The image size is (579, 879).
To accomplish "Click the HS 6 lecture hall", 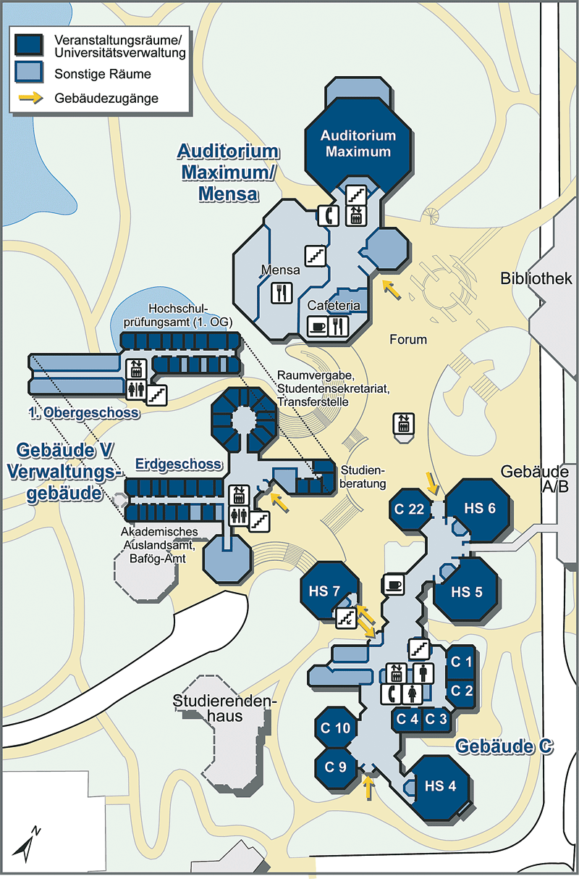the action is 478,509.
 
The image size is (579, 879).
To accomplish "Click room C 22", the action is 409,509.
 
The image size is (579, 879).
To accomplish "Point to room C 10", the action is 335,728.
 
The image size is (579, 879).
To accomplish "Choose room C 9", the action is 335,767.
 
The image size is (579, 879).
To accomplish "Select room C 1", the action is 461,662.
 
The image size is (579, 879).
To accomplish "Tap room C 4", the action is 407,720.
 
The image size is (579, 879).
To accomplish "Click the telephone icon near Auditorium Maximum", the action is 328,215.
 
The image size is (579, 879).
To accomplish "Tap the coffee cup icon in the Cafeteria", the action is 318,327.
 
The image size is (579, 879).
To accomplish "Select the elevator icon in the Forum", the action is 404,423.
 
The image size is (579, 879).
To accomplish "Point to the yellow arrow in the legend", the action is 31,98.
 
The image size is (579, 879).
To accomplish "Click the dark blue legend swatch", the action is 29,44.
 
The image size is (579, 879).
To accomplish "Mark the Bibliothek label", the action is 536,278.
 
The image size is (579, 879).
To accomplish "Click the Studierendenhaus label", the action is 225,708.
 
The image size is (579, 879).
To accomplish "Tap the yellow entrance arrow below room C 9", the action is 368,788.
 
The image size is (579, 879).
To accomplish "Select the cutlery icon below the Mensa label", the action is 282,293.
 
